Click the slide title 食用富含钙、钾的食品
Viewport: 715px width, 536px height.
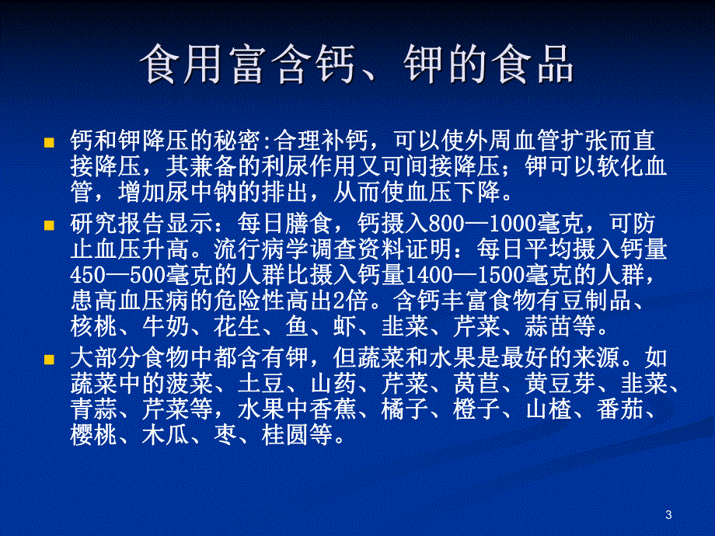click(x=357, y=65)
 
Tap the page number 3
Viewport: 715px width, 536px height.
click(x=669, y=513)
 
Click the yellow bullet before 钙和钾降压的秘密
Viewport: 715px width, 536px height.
click(x=49, y=143)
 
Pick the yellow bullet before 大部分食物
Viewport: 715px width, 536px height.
click(x=49, y=360)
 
